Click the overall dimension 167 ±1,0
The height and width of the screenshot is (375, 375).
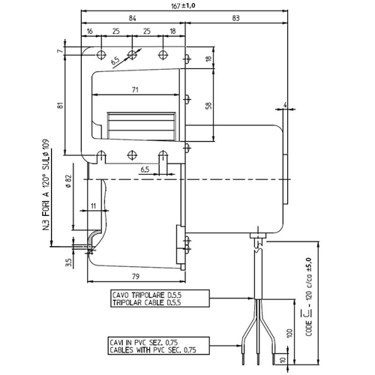click(183, 6)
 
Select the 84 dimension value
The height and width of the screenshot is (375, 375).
click(132, 18)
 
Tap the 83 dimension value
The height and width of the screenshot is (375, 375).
click(235, 18)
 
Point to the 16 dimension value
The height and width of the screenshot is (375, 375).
click(89, 31)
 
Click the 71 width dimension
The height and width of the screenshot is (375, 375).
click(135, 90)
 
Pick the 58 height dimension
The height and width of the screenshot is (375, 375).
click(208, 104)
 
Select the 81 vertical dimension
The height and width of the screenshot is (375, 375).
click(60, 105)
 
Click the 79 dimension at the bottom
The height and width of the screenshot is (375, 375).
click(135, 277)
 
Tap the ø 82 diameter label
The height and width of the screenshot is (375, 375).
click(69, 181)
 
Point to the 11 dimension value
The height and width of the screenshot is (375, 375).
click(93, 206)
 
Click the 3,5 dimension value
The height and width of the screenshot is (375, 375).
click(69, 262)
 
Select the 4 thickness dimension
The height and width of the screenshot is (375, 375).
click(285, 105)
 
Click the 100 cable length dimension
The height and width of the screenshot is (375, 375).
click(289, 333)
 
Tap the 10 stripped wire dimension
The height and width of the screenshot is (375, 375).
click(283, 360)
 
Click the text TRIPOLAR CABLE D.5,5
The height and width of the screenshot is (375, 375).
click(147, 303)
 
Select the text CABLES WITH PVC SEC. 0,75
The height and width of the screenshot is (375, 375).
click(153, 349)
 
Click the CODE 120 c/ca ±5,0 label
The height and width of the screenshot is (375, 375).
click(309, 297)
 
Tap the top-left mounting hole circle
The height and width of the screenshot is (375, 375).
click(101, 55)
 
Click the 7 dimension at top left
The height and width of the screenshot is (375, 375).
click(60, 51)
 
